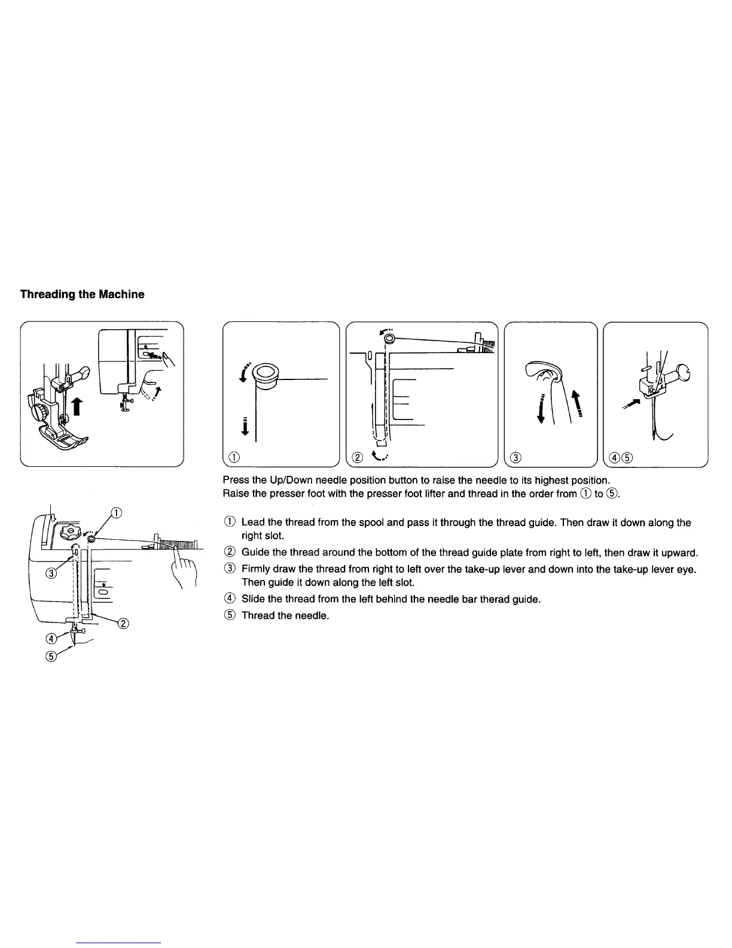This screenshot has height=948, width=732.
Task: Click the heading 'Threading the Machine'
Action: [82, 294]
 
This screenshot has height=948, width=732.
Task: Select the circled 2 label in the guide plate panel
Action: [358, 458]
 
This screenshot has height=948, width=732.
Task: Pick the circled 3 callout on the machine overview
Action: [51, 574]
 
